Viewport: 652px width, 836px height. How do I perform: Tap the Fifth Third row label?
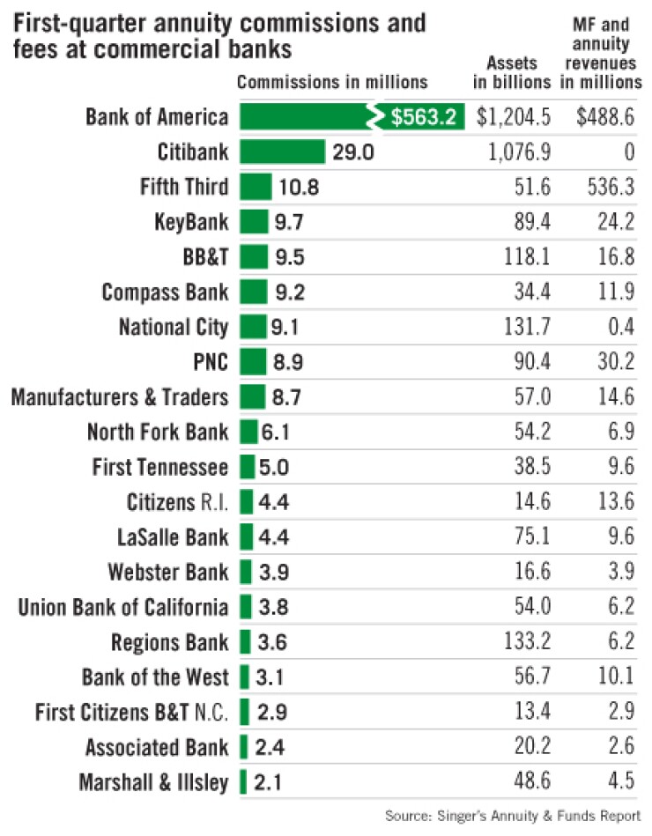(184, 188)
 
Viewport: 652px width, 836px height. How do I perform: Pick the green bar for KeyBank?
(253, 222)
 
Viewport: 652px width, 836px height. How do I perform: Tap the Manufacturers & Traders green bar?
(252, 397)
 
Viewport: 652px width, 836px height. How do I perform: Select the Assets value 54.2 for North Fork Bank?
(532, 433)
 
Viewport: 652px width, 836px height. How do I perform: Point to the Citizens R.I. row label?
(177, 503)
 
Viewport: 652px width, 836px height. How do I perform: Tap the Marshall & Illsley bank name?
(153, 782)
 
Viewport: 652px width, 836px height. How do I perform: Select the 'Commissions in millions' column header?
(332, 82)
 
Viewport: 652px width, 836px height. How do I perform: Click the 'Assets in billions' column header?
(513, 73)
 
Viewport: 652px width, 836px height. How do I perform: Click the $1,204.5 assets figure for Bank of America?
(514, 117)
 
